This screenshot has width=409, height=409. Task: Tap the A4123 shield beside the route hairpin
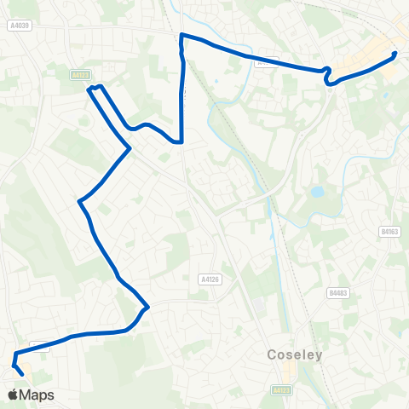tap(78, 75)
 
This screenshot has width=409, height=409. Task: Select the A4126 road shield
tap(209, 279)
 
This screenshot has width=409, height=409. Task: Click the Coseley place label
tap(295, 354)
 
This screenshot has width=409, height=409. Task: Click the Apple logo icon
tap(14, 395)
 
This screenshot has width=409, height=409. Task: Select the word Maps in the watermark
tap(37, 395)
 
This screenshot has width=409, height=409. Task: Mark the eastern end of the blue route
tap(395, 55)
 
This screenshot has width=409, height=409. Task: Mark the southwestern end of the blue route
tap(21, 373)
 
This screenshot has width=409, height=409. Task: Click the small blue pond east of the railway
tap(317, 193)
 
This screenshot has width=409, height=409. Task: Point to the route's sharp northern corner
tap(181, 35)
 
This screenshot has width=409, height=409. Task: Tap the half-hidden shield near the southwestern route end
tap(38, 346)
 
